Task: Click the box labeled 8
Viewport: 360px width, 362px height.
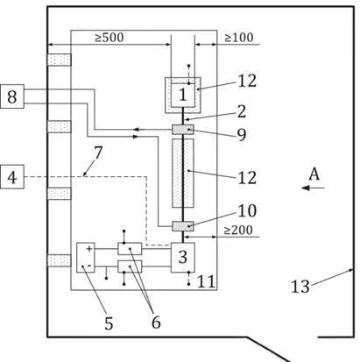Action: [x=12, y=96]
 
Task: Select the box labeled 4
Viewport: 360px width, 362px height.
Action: [x=12, y=177]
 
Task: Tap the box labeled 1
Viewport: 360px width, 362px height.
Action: [x=183, y=95]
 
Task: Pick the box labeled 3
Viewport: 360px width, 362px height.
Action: [x=183, y=258]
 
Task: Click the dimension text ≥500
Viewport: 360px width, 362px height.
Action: [x=109, y=38]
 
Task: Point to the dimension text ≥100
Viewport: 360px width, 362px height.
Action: [x=238, y=38]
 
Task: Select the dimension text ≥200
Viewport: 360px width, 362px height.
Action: [x=238, y=231]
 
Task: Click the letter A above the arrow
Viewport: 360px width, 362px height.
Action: [x=314, y=174]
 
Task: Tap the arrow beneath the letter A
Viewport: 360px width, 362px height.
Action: [x=313, y=188]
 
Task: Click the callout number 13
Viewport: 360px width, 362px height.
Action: [x=300, y=287]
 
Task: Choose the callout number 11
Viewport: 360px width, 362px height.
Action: [x=206, y=281]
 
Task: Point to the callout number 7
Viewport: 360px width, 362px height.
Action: [x=98, y=153]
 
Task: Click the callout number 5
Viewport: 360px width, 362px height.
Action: [x=109, y=323]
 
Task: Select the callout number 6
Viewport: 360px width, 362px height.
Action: [x=156, y=323]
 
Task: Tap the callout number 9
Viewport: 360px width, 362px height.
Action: [x=242, y=135]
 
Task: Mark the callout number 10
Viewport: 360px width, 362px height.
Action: [x=247, y=210]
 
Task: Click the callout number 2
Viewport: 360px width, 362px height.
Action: [x=242, y=111]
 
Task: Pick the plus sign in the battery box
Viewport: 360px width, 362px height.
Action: [x=89, y=249]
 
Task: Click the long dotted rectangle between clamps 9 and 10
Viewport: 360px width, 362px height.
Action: [x=183, y=173]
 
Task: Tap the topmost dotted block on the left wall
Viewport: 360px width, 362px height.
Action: [x=59, y=60]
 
